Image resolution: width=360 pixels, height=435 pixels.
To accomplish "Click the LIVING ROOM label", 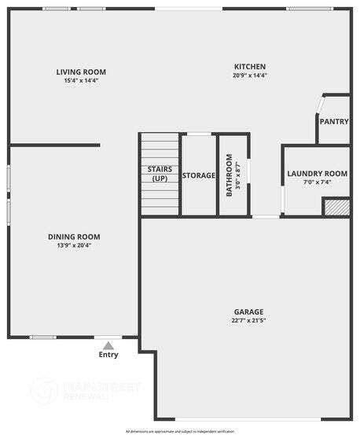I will [x=82, y=72].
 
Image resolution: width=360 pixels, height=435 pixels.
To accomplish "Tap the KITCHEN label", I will [x=250, y=67].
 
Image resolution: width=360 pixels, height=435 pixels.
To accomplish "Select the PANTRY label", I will [x=334, y=122].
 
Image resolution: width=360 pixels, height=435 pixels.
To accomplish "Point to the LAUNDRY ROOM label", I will [x=317, y=174].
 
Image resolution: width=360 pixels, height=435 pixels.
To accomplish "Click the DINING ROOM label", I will [x=74, y=237].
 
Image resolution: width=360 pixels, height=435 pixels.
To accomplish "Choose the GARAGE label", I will [x=248, y=312].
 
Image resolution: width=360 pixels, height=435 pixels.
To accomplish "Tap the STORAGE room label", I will [x=199, y=175].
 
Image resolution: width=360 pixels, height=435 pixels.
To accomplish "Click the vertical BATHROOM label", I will [x=229, y=177].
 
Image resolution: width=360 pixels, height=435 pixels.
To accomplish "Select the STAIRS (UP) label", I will [x=160, y=174].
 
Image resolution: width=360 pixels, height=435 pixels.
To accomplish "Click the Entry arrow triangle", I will [x=108, y=344].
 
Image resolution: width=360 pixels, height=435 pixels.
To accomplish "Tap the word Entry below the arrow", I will [x=108, y=355].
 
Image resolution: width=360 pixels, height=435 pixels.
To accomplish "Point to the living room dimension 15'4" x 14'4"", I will [x=82, y=80].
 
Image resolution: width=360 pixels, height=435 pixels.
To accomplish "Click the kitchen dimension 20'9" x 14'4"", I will [x=250, y=76].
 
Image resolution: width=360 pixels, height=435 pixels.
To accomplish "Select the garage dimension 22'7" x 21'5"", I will [x=248, y=321].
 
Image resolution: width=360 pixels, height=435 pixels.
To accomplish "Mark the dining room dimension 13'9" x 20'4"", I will [x=74, y=245].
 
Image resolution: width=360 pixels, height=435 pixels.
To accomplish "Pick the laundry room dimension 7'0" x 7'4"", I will [x=317, y=182].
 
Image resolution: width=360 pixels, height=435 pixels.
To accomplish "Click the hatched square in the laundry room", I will [x=336, y=206].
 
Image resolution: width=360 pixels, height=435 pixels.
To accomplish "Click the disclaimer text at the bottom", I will [x=180, y=431].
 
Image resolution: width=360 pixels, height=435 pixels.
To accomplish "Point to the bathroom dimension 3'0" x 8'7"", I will [x=238, y=177].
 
